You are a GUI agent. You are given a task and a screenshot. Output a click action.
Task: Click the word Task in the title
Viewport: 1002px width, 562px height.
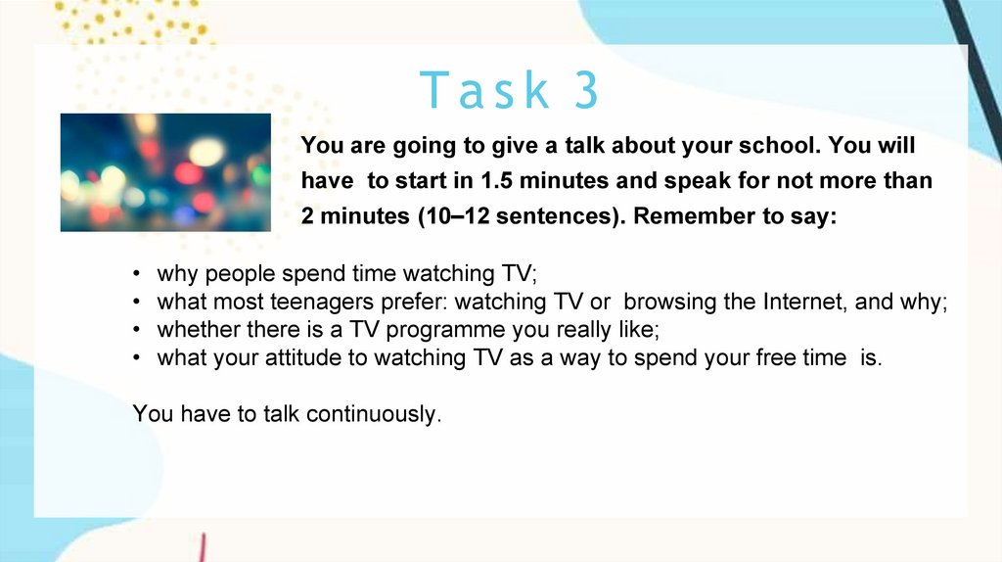(x=484, y=90)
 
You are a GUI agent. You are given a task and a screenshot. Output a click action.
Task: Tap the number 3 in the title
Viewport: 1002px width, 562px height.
(x=586, y=90)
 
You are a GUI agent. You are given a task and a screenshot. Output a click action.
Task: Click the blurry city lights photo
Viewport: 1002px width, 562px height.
(x=165, y=172)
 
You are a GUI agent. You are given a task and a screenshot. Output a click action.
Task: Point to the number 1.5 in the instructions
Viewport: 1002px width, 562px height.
(x=496, y=181)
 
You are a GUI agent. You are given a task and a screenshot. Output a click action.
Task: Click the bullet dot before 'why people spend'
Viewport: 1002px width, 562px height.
(x=136, y=273)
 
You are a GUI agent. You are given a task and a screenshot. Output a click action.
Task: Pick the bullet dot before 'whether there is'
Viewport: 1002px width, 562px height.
(x=136, y=330)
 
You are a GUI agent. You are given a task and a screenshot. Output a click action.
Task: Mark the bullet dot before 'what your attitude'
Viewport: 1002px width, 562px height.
(x=136, y=358)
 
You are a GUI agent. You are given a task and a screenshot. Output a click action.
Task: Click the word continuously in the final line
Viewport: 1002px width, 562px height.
(x=374, y=414)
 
